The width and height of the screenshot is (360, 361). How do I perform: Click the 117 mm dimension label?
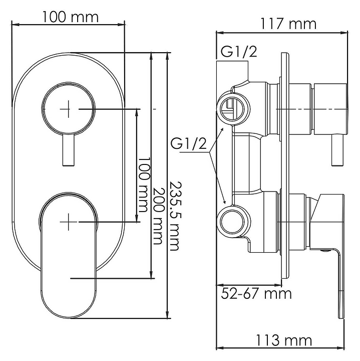[x=288, y=24]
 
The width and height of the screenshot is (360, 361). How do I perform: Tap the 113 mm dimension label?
[x=284, y=340]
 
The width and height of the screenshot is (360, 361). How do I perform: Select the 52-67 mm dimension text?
[x=256, y=293]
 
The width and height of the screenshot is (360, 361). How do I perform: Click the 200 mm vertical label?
[x=158, y=216]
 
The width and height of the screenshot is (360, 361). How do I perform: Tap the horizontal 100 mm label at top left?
[x=70, y=17]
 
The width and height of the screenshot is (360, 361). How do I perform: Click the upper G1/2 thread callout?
[x=239, y=52]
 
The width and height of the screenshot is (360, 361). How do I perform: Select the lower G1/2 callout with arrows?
[x=188, y=144]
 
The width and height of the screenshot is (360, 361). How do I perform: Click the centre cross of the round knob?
[x=68, y=109]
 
